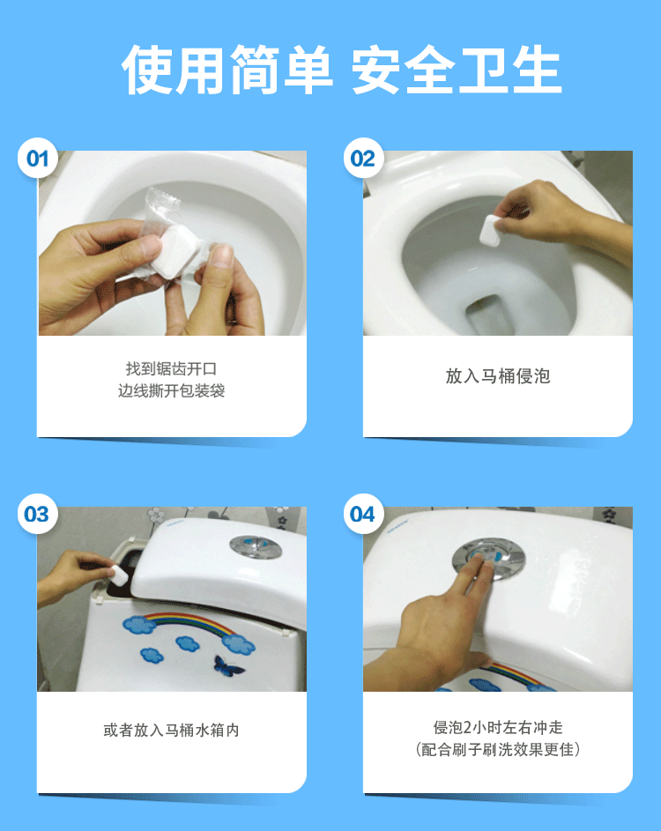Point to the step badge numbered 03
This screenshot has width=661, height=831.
tap(37, 515)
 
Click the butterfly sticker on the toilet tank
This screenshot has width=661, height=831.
tap(229, 664)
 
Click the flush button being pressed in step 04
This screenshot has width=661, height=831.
tap(486, 558)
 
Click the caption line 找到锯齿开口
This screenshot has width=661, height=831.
tap(171, 368)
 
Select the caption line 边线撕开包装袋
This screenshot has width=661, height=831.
tap(171, 390)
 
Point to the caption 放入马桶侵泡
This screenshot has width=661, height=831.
tap(497, 376)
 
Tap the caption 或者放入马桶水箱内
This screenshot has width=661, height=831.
tap(171, 731)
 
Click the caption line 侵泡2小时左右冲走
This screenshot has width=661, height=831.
tap(497, 727)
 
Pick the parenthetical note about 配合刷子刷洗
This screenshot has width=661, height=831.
tap(497, 749)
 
